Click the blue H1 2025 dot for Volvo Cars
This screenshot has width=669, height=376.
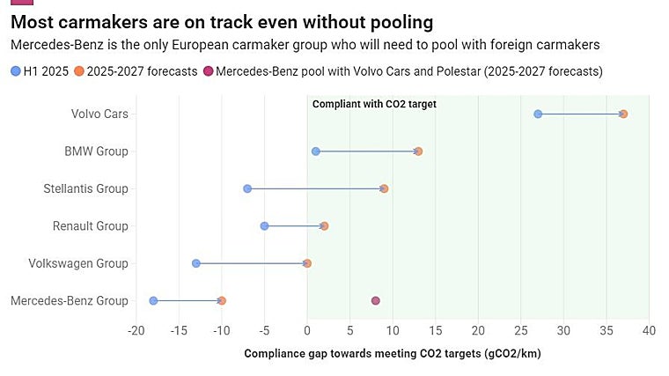[538, 114]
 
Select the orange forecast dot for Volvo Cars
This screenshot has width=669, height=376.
[623, 114]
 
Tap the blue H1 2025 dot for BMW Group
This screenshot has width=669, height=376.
[316, 151]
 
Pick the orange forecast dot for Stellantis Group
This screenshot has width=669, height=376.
[384, 188]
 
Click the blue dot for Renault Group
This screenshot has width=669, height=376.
[264, 226]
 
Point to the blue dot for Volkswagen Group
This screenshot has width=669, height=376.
[196, 263]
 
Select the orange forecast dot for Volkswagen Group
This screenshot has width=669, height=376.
[307, 263]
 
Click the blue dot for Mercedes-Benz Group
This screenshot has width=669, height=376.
[153, 301]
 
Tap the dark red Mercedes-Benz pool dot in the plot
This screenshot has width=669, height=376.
[376, 301]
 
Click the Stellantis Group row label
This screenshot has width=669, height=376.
[85, 188]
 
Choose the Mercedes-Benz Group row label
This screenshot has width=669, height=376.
[70, 301]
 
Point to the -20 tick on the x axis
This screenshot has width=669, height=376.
[136, 330]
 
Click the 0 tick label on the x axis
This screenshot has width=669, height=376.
[307, 330]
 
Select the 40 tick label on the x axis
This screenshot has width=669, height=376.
[649, 330]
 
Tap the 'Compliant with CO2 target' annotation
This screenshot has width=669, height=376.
[374, 104]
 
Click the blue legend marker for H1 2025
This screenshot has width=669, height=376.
[15, 71]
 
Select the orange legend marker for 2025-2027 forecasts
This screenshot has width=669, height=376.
[78, 71]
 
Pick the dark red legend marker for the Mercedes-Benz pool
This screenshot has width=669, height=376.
[208, 71]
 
